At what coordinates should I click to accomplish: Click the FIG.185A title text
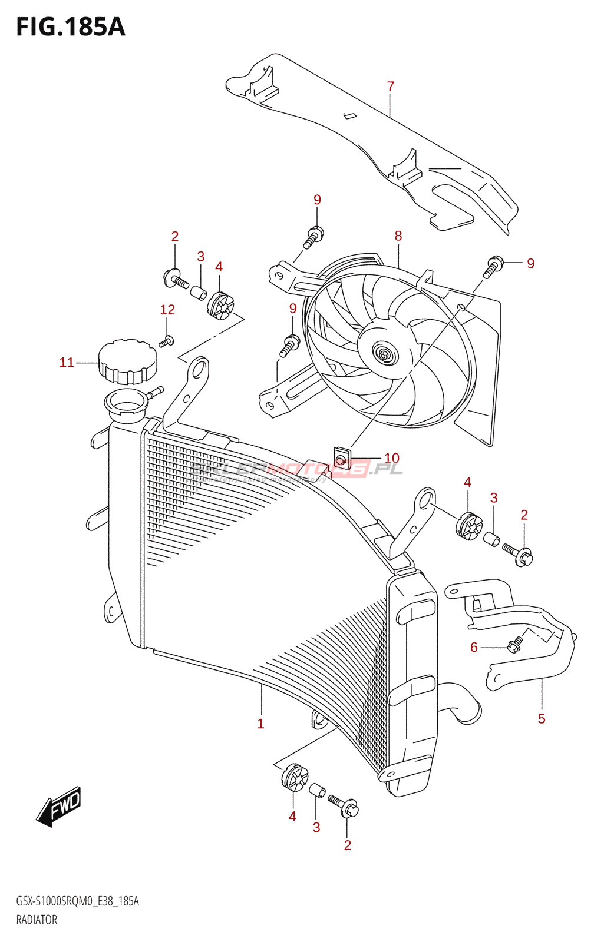[x=71, y=27]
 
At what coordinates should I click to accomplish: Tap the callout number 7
[x=390, y=87]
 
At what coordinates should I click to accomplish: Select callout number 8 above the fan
[x=398, y=236]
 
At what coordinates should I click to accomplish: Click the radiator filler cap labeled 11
[x=127, y=361]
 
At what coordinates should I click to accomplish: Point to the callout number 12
[x=167, y=310]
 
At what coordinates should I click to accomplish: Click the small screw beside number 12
[x=167, y=341]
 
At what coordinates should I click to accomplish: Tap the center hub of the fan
[x=385, y=355]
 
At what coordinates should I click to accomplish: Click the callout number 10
[x=391, y=458]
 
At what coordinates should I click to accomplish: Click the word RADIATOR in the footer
[x=37, y=920]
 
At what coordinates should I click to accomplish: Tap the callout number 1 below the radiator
[x=260, y=724]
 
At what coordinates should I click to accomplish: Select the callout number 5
[x=541, y=718]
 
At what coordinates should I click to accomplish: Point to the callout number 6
[x=474, y=648]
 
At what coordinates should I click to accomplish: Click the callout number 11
[x=67, y=363]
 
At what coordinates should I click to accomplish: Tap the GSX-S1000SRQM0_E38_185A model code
[x=77, y=901]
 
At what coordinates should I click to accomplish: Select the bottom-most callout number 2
[x=347, y=845]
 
